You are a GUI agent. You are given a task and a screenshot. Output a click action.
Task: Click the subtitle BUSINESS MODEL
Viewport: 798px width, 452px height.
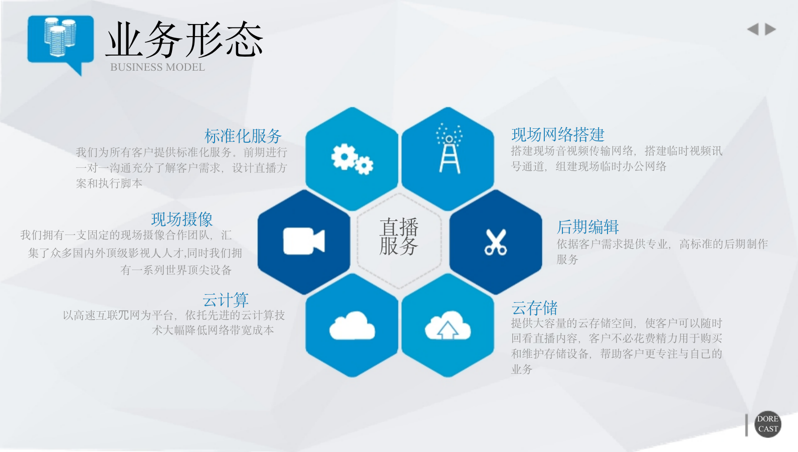pos(157,67)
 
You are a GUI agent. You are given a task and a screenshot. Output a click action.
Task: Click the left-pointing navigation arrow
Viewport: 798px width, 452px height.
pos(753,29)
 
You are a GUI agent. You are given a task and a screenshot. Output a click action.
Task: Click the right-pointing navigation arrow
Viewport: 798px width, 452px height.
pos(770,29)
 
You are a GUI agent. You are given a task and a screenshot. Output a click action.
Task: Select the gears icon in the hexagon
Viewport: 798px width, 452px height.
pos(352,159)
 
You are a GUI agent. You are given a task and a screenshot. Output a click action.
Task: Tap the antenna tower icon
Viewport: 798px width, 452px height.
pos(449,148)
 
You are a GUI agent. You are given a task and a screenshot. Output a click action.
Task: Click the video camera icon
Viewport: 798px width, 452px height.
pos(304,241)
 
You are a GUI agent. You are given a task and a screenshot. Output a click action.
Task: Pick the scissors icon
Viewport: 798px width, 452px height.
pos(496,242)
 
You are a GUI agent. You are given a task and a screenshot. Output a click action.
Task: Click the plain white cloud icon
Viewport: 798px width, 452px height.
pos(352,325)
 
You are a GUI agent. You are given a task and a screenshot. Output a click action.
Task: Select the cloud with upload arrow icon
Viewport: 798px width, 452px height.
pos(448,325)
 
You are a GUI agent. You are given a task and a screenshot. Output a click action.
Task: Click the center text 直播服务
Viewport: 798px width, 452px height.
pos(399,237)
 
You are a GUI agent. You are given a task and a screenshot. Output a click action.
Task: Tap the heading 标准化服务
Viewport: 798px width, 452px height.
pos(243,136)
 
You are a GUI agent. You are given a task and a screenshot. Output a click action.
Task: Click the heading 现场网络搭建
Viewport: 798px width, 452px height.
pos(558,135)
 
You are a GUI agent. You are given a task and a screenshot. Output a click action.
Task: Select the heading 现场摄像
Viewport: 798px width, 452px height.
pos(182,219)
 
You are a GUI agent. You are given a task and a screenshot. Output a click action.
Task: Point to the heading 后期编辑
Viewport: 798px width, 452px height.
pos(588,227)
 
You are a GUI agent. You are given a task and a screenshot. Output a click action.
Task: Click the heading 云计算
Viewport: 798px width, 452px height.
pos(226,300)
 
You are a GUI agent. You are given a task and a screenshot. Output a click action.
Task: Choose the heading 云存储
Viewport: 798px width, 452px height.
pos(534,308)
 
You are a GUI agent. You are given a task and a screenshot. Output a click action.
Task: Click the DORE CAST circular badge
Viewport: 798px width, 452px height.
pos(768,424)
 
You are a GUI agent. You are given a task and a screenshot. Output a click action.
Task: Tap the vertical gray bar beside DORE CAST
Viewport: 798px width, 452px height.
pos(747,424)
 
